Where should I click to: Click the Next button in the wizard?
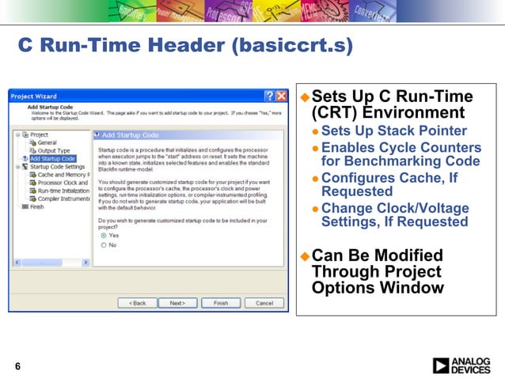[177, 303]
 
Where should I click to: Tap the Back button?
[137, 303]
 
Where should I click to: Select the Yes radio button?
[104, 236]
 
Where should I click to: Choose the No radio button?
[104, 245]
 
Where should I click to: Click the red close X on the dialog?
[281, 96]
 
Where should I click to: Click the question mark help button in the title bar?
[269, 96]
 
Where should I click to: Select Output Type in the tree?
[53, 150]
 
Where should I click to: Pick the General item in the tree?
[47, 142]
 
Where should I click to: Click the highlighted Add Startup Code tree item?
[52, 159]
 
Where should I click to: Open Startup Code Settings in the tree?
[57, 167]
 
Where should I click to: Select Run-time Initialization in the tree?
[63, 191]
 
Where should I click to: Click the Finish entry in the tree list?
[37, 207]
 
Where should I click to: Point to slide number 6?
[17, 365]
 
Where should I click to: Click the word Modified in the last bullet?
[405, 255]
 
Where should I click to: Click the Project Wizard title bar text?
[33, 96]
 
